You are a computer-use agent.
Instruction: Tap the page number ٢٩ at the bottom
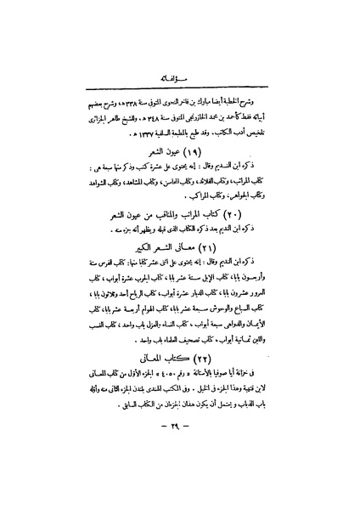coord(182,472)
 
